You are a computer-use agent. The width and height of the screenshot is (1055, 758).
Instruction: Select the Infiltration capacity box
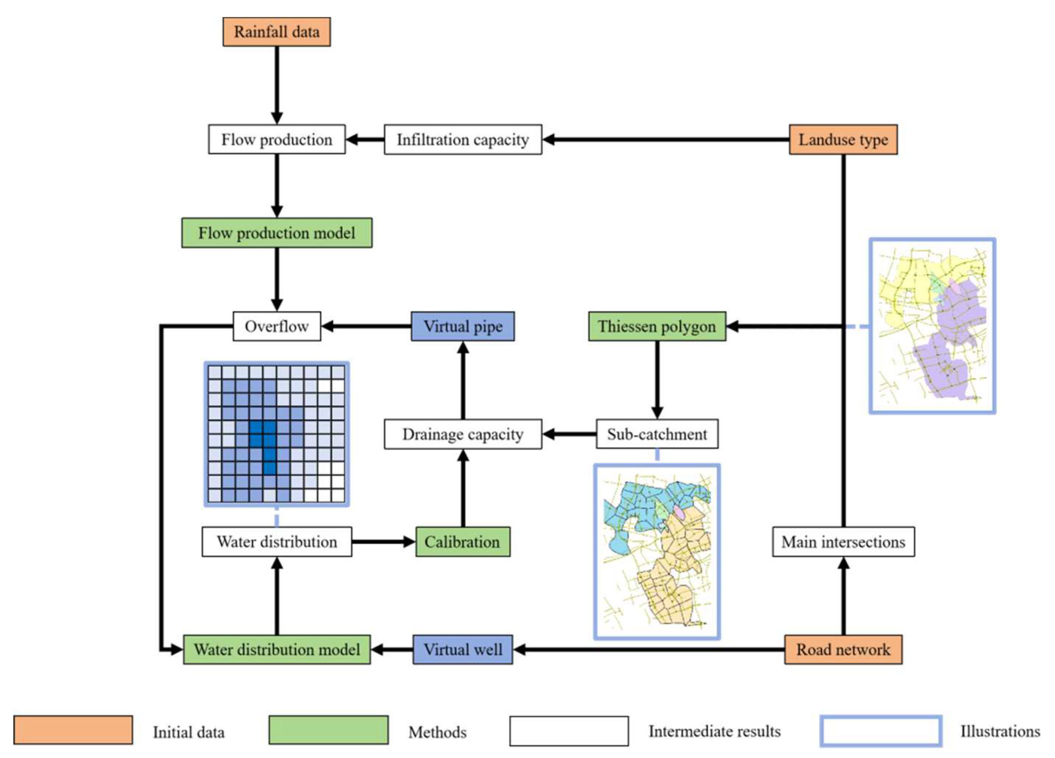pos(462,139)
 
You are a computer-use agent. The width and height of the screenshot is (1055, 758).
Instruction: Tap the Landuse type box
pos(843,139)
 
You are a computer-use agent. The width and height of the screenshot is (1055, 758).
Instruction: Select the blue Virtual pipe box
pos(462,326)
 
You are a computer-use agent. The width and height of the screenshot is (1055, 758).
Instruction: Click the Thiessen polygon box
pos(657,326)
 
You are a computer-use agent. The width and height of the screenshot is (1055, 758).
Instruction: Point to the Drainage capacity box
pos(462,434)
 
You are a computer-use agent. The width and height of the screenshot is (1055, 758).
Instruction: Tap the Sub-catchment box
pos(657,434)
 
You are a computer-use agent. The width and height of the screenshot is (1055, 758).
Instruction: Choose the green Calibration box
pos(462,542)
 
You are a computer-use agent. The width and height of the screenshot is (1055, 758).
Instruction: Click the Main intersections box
pos(843,542)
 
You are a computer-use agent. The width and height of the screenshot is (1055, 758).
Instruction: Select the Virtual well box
pos(462,649)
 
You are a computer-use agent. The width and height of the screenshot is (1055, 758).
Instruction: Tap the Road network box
pos(843,649)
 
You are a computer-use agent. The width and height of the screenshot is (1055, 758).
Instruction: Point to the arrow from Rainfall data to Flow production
pos(277,84)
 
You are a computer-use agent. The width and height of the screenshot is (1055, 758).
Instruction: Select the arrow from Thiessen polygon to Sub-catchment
pos(657,379)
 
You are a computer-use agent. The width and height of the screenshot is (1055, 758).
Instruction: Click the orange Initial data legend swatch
pos(73,730)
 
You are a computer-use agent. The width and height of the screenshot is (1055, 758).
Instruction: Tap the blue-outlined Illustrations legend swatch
pos(881,731)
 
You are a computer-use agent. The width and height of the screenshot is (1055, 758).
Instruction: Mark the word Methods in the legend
pos(437,732)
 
